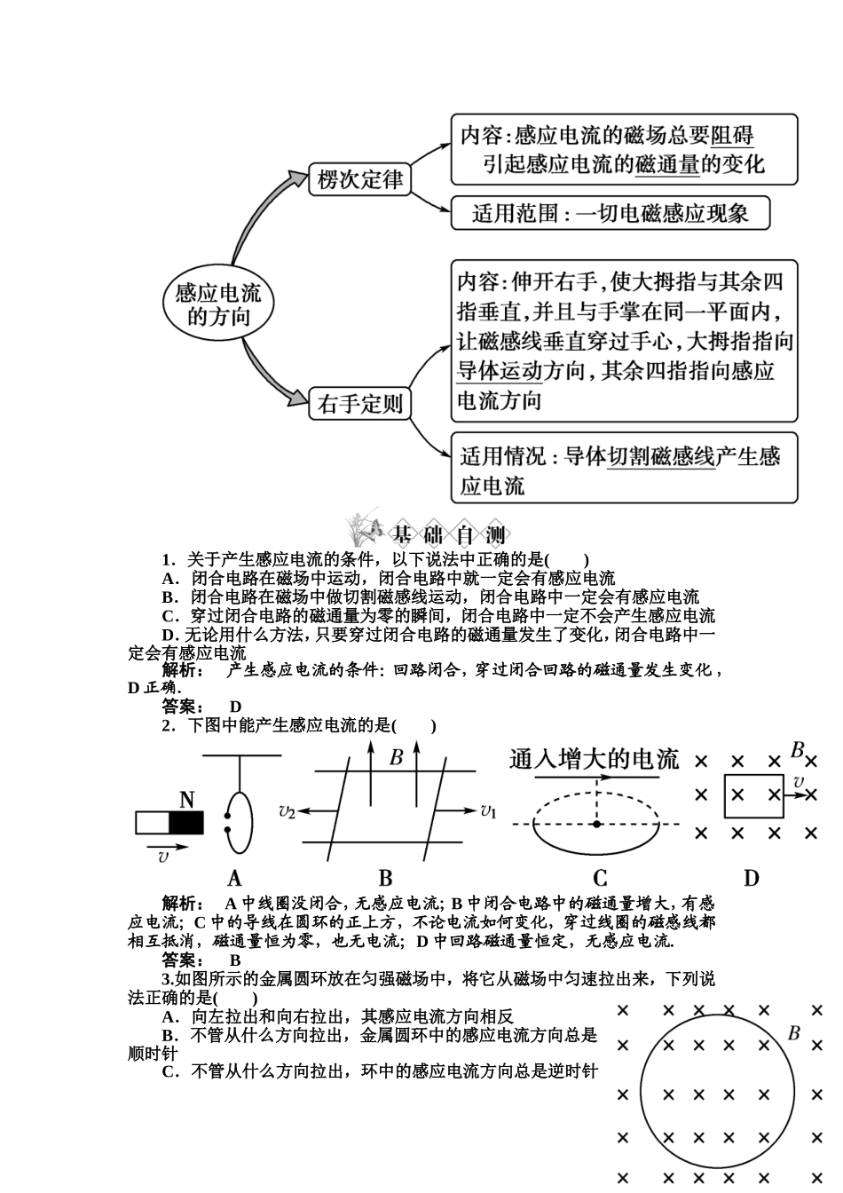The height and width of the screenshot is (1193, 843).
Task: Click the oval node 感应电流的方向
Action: pos(218,304)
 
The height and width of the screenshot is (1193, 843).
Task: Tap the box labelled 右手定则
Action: pos(359,405)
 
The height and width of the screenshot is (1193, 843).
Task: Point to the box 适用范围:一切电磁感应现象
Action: pos(610,214)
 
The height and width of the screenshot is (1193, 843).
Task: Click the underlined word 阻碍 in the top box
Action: pos(732,135)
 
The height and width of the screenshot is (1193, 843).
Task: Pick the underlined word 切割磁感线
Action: pos(660,457)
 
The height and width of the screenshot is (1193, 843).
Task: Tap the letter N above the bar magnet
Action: pos(186,800)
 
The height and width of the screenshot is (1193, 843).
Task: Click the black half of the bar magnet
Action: pos(186,824)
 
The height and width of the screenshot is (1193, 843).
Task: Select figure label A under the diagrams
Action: pos(234,879)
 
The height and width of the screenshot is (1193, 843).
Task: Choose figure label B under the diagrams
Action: pos(385,879)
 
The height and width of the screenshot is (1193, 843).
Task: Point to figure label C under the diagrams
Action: pos(600,879)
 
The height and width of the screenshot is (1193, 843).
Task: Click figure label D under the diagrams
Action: pos(752,879)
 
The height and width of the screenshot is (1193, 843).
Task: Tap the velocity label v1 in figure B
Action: pos(488,810)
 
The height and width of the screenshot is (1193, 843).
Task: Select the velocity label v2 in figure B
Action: pos(287,810)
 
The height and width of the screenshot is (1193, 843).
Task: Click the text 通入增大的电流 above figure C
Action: pos(594,760)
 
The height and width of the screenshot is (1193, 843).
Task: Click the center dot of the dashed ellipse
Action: pos(597,824)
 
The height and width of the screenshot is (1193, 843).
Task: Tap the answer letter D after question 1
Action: pos(235,707)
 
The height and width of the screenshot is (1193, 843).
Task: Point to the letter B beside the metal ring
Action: pos(794,1033)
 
